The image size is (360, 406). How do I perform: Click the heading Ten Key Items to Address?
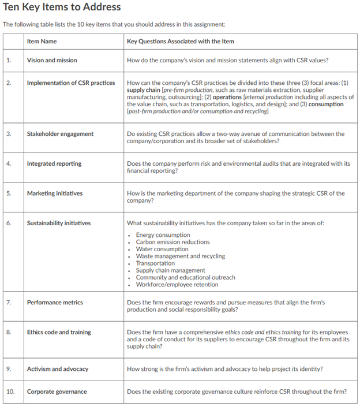click(x=62, y=8)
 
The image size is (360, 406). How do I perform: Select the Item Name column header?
click(x=42, y=42)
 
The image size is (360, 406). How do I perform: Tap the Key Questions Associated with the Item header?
click(x=180, y=42)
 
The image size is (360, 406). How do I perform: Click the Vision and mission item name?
click(x=52, y=60)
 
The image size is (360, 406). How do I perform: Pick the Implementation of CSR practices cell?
click(x=71, y=83)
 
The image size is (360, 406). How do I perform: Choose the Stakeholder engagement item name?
click(x=60, y=134)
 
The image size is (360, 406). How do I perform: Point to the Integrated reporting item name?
click(x=54, y=164)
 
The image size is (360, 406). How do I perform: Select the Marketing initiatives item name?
click(x=55, y=193)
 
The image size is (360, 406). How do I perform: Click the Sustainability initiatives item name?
click(x=59, y=223)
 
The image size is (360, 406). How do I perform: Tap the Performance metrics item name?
click(x=55, y=303)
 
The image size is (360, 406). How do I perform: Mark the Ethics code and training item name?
click(x=59, y=333)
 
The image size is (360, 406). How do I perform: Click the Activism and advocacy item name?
click(x=57, y=369)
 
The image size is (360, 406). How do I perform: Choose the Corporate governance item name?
click(x=57, y=392)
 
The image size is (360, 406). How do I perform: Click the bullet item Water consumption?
click(x=162, y=249)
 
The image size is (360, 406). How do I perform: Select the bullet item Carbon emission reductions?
click(x=172, y=243)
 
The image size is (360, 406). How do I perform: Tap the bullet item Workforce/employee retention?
click(x=177, y=285)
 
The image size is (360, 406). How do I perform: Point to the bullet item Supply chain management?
click(x=170, y=270)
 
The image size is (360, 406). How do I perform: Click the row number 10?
click(x=10, y=392)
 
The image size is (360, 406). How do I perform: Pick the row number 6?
click(x=9, y=223)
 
